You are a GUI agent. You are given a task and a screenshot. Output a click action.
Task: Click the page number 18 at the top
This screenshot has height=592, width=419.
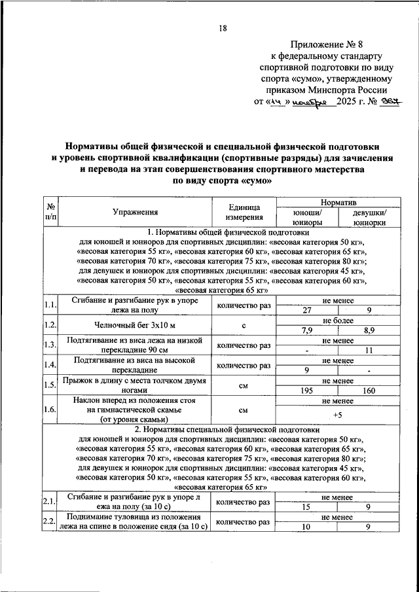coord(222,27)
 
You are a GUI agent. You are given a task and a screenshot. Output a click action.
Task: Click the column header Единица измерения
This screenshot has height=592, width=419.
coord(244,213)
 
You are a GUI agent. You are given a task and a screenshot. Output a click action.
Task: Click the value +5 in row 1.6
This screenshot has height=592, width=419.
coord(338,415)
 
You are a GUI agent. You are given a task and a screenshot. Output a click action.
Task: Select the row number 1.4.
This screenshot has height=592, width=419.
coord(50,365)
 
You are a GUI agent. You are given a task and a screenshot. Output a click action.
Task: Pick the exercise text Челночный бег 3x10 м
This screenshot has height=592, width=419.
coord(135,325)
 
